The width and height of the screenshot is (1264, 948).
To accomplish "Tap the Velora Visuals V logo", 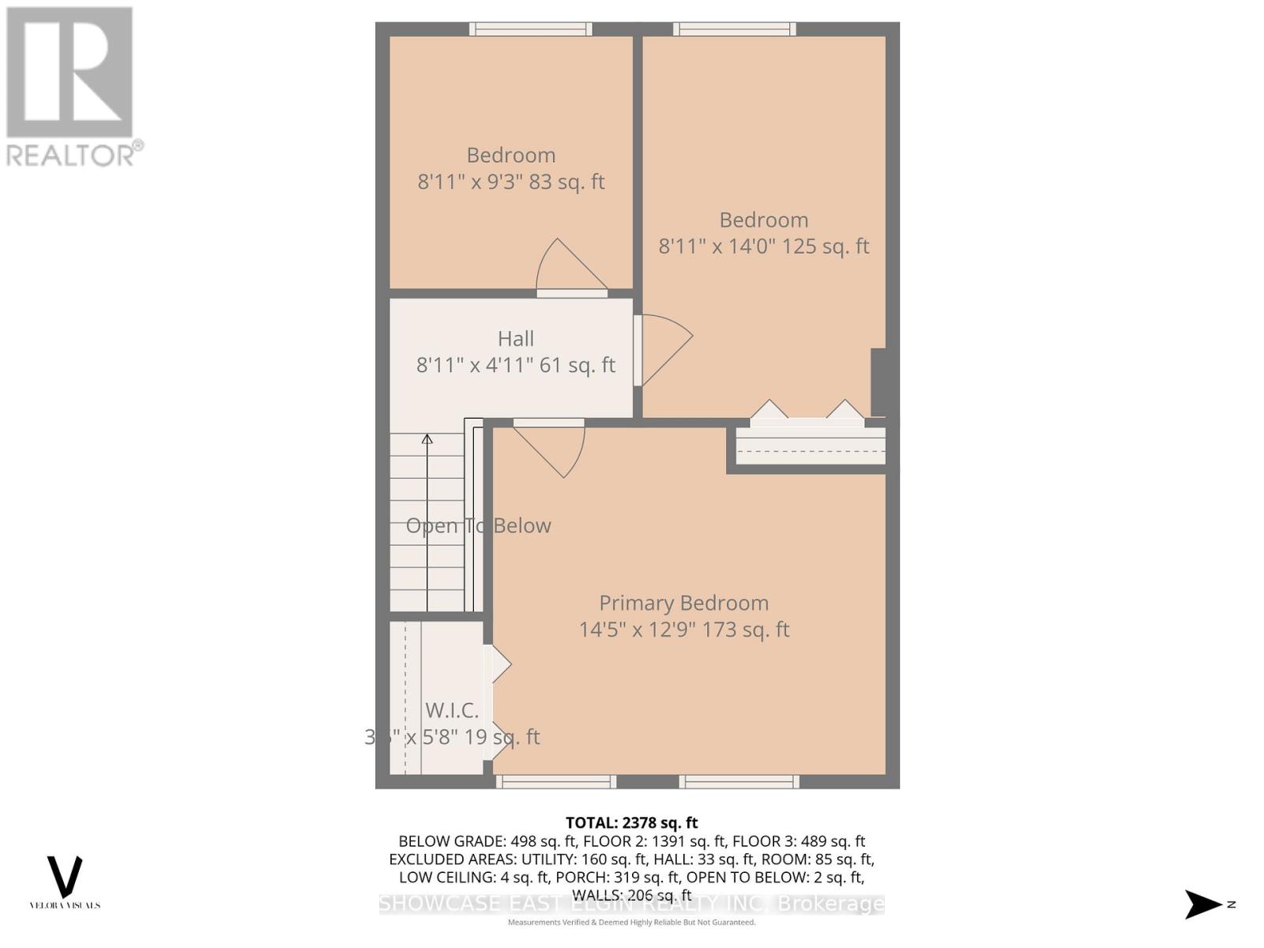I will [x=65, y=877].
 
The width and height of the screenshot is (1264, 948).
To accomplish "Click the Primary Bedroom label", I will [x=683, y=603].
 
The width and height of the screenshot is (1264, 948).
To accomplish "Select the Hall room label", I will [x=516, y=339].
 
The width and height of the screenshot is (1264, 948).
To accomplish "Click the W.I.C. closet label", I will [x=452, y=709].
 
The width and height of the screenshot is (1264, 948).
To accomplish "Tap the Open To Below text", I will [x=478, y=526].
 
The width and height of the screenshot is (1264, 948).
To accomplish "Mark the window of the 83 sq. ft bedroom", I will [x=531, y=29].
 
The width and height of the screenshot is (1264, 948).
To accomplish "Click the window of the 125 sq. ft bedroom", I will [x=735, y=29].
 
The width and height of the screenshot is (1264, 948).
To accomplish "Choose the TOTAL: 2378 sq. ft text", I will [x=631, y=823].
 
